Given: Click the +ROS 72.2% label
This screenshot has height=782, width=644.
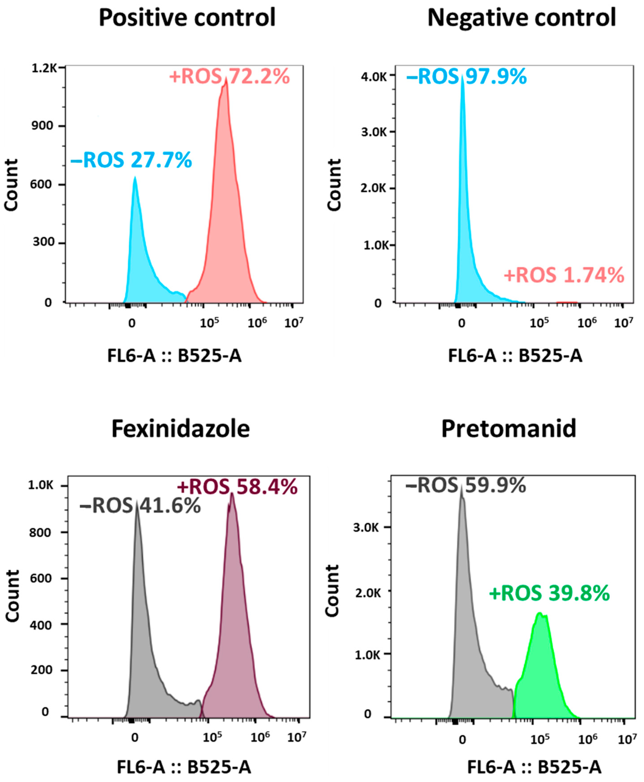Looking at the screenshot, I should [x=229, y=77].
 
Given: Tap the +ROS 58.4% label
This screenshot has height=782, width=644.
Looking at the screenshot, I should [x=238, y=487].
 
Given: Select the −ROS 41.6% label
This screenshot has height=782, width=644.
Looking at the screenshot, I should [x=140, y=506].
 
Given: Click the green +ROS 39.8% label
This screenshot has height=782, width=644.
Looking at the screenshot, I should [x=549, y=593].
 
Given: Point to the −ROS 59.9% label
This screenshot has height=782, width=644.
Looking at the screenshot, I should [x=466, y=485].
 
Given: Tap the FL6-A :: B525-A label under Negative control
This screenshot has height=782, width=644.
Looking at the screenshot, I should [x=515, y=356].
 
